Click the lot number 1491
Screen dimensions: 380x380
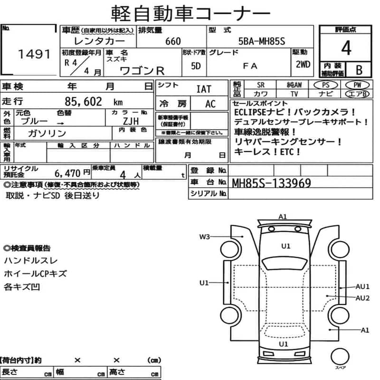pos(34,54)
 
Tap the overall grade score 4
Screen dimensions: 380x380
pos(346,48)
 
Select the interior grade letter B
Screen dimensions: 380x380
pos(359,70)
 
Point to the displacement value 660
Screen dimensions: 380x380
pos(173,41)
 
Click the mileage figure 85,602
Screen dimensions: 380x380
pos(85,101)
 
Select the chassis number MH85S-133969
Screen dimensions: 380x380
pos(271,182)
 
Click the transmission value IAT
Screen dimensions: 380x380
pos(204,89)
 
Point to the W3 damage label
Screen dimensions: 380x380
pos(205,236)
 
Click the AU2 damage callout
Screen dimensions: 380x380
pos(362,298)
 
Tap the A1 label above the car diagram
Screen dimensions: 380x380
pos(283,217)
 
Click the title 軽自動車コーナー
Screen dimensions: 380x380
pos(190,12)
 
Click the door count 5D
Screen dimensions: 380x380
pos(195,66)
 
